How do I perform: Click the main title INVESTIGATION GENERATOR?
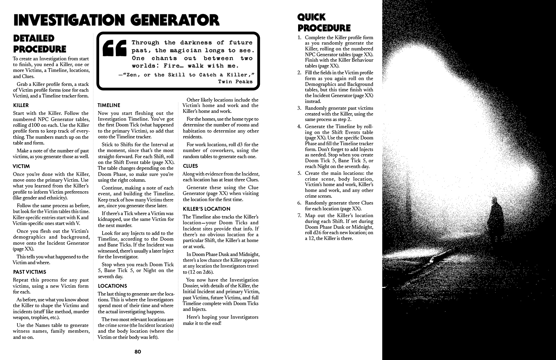[116, 20]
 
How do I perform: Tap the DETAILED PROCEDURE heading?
[40, 44]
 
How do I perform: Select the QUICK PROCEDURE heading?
[324, 22]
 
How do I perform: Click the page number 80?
[138, 352]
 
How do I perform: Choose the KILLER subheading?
[21, 105]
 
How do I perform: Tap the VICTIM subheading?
[21, 166]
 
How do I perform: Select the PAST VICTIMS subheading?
[30, 272]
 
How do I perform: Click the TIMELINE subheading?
[109, 105]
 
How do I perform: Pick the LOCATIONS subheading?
[112, 286]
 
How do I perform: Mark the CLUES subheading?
[190, 166]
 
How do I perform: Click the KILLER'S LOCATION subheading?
[206, 209]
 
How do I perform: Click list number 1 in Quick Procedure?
[299, 37]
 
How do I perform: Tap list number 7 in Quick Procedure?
[299, 215]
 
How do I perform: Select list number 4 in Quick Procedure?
[299, 126]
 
